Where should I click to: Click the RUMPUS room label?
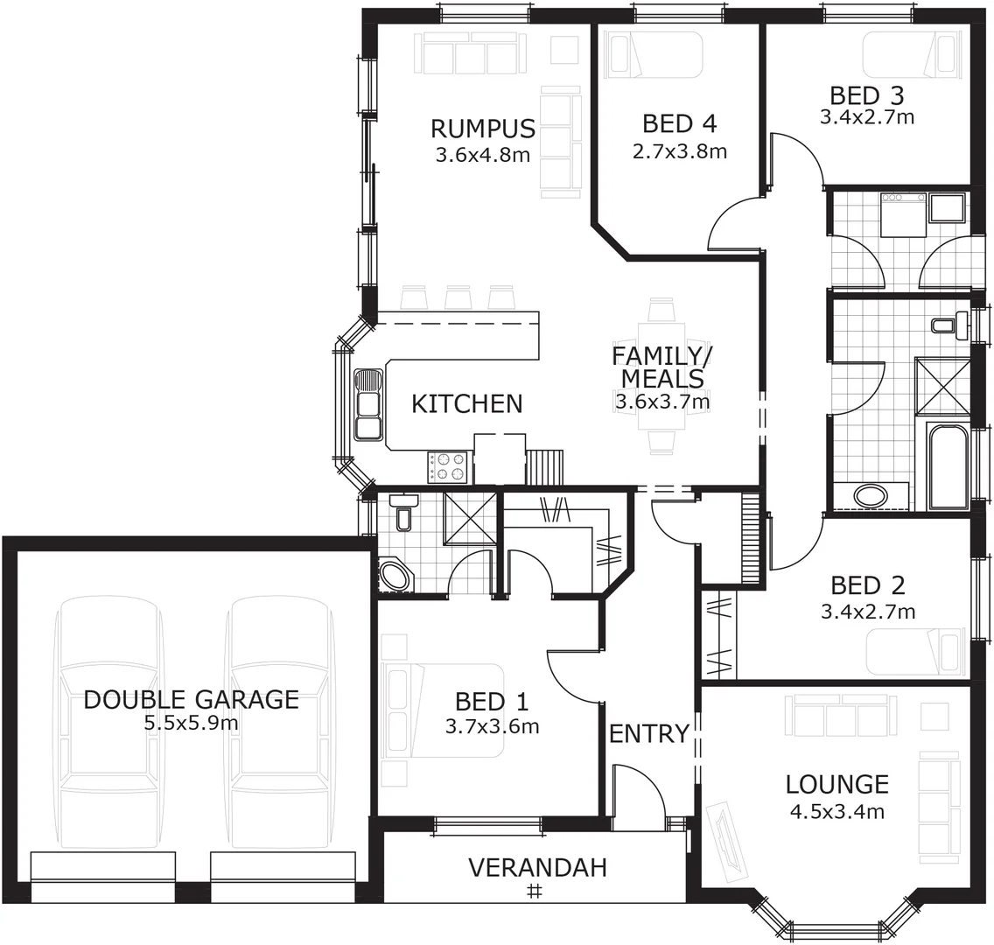(482, 129)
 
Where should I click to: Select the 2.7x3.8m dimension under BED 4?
(679, 151)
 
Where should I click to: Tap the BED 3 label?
(866, 95)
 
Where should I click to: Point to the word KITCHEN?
(466, 403)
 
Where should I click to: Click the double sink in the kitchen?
(368, 404)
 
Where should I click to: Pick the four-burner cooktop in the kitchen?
(450, 466)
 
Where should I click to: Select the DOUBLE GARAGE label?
(191, 700)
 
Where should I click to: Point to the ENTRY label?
(648, 734)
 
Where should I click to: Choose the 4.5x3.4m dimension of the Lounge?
(836, 812)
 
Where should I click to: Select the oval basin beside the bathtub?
(870, 496)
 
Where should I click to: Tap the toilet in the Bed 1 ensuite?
(403, 512)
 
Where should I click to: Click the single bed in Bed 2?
(914, 651)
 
